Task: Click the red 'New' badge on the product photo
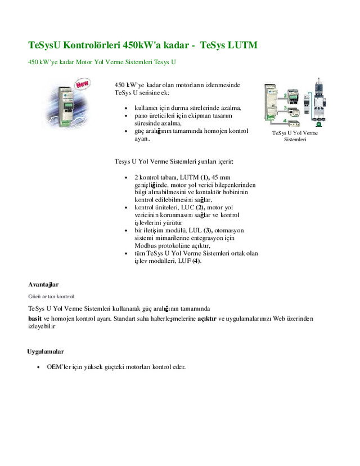(x=83, y=85)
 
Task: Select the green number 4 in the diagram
(x=285, y=120)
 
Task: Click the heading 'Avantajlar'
(x=43, y=284)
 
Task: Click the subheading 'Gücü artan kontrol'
(x=51, y=296)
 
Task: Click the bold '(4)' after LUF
(x=196, y=261)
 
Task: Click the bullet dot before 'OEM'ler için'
(x=38, y=367)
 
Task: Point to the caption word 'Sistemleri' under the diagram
(x=295, y=139)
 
